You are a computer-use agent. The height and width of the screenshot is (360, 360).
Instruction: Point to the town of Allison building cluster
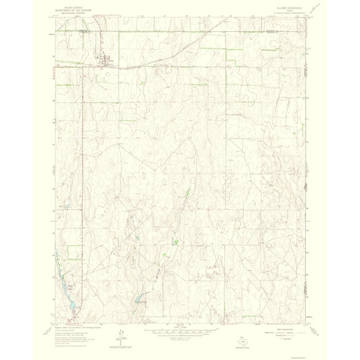point(102,60)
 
